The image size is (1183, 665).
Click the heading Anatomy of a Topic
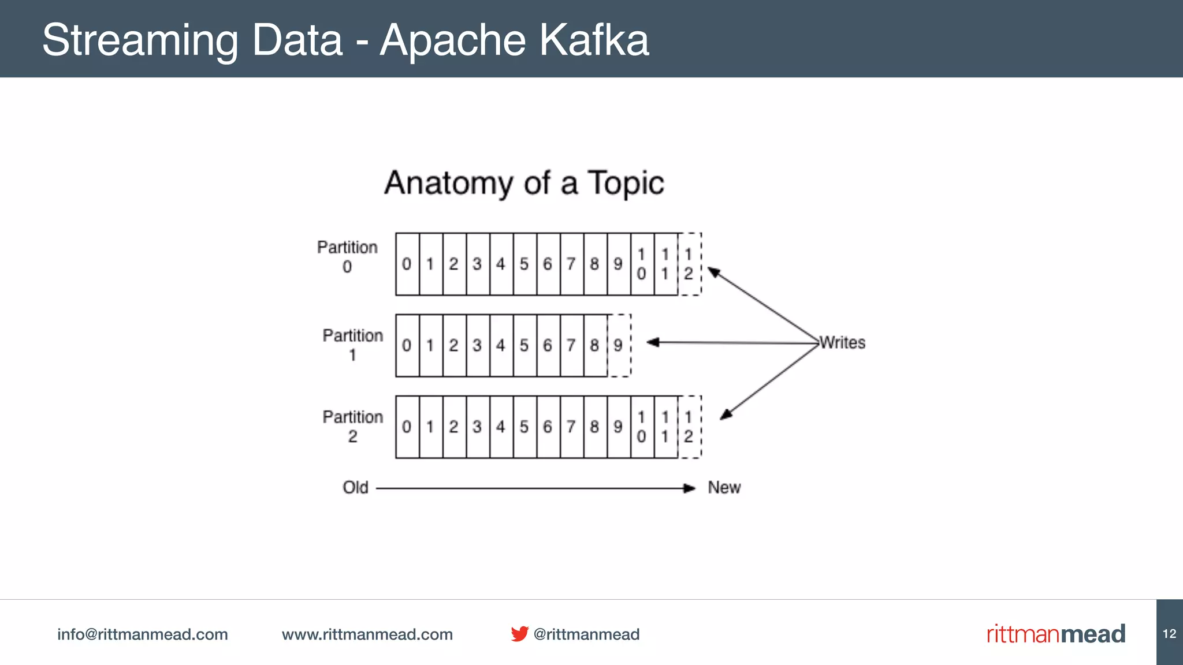pyautogui.click(x=524, y=183)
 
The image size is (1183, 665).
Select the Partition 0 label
pyautogui.click(x=347, y=256)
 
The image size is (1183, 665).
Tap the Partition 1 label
pyautogui.click(x=352, y=345)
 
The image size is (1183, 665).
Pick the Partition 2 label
pyautogui.click(x=352, y=426)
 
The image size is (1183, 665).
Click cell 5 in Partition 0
pyautogui.click(x=524, y=264)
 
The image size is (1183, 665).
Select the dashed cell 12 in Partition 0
pyautogui.click(x=689, y=264)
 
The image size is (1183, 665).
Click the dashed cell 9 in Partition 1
pyautogui.click(x=619, y=346)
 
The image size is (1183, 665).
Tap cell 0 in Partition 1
pyautogui.click(x=407, y=346)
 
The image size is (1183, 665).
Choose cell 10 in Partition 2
pyautogui.click(x=642, y=427)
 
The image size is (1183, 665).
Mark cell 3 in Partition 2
pyautogui.click(x=477, y=427)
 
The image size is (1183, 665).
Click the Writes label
pyautogui.click(x=843, y=343)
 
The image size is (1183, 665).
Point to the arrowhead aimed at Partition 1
pyautogui.click(x=652, y=342)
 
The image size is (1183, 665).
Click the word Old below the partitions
pyautogui.click(x=355, y=488)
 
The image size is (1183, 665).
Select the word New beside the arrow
pyautogui.click(x=724, y=488)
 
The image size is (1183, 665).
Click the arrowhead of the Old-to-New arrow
pyautogui.click(x=690, y=488)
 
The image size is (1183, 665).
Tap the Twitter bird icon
pyautogui.click(x=519, y=634)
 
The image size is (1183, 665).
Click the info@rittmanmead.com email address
pyautogui.click(x=142, y=634)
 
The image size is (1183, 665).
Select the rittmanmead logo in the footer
pyautogui.click(x=1055, y=634)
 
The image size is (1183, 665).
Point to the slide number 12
pyautogui.click(x=1169, y=634)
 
